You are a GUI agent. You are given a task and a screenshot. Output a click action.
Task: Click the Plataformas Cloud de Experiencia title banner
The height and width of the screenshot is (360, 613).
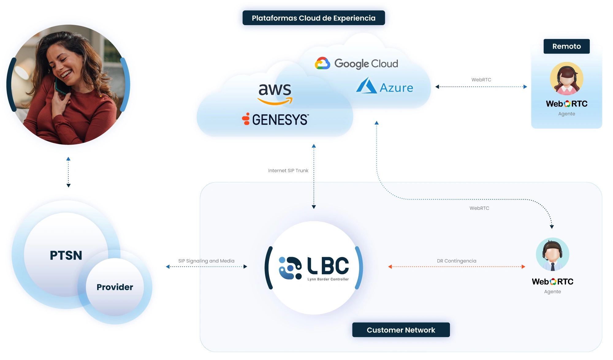coord(314,18)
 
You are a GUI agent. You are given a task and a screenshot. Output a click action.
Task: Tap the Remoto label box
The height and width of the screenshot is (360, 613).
coord(566,46)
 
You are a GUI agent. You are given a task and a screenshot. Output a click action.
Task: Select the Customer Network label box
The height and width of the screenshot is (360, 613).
coord(401,330)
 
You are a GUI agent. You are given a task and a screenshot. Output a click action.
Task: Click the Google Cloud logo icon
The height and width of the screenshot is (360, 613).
coord(322,63)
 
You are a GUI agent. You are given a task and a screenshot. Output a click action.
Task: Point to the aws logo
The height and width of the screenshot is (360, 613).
coord(275,93)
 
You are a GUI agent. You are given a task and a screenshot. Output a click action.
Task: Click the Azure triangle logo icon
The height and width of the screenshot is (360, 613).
coord(367,86)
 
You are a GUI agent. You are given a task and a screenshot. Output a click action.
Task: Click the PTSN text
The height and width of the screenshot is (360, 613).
coord(66,255)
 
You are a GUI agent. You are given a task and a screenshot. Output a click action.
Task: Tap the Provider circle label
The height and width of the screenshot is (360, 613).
coord(115,287)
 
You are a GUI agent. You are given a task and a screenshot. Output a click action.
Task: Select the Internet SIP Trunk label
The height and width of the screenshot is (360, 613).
coord(288,171)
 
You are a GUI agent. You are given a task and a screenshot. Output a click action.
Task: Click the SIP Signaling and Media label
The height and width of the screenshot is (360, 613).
coord(206,261)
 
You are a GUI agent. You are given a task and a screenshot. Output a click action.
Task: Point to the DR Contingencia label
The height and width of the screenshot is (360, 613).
coord(456,261)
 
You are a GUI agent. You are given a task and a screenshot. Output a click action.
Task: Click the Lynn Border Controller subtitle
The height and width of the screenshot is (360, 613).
coord(328,279)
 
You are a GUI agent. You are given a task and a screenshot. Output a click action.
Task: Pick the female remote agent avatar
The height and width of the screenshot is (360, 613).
coord(566,79)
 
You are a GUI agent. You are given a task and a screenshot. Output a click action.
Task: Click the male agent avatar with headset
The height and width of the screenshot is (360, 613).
coord(552,254)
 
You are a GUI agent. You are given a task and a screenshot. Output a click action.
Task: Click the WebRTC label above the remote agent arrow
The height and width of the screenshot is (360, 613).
coord(481,80)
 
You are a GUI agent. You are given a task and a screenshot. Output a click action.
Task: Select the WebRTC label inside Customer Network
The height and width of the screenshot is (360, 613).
coord(479,208)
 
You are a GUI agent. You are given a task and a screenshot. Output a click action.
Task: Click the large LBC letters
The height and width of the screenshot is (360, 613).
coord(328,265)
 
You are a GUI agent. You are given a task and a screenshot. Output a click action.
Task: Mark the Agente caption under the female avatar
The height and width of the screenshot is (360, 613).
coord(566,114)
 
